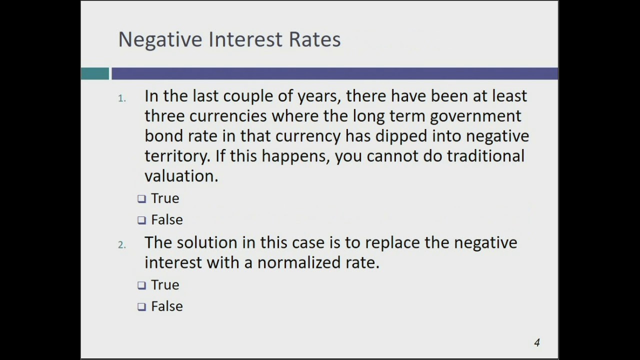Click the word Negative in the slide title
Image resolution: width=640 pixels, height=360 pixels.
(160, 39)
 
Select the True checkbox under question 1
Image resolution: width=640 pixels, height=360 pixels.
(142, 199)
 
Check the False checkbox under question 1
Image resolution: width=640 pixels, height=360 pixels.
(142, 220)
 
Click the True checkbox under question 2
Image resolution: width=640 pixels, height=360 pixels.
(142, 285)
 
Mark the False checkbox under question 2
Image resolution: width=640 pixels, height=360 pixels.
(142, 307)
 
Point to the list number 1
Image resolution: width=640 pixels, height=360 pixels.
(121, 98)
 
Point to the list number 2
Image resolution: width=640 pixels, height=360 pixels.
(121, 245)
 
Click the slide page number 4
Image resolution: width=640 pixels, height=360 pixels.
(537, 342)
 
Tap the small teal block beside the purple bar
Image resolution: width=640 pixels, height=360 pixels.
(95, 74)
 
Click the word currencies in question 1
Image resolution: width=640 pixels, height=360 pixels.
(227, 116)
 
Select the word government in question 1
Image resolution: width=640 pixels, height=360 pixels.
(475, 116)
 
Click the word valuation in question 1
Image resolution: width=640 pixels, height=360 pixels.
(181, 176)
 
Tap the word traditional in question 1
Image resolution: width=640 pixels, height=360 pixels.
(485, 156)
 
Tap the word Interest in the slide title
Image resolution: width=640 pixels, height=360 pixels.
(245, 39)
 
